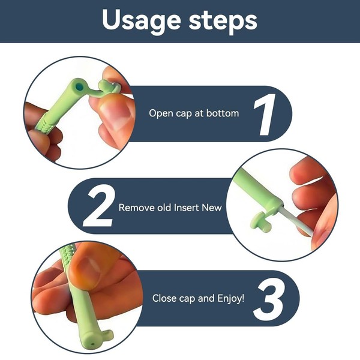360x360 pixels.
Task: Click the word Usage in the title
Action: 141,21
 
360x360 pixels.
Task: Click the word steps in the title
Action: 223,22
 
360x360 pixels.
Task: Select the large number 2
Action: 98,206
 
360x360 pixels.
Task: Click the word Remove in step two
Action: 136,208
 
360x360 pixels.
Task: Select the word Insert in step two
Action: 187,208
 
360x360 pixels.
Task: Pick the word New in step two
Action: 212,208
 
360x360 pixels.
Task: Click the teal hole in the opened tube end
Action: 79,87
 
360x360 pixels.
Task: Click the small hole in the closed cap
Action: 92,344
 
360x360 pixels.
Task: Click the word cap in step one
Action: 184,114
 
